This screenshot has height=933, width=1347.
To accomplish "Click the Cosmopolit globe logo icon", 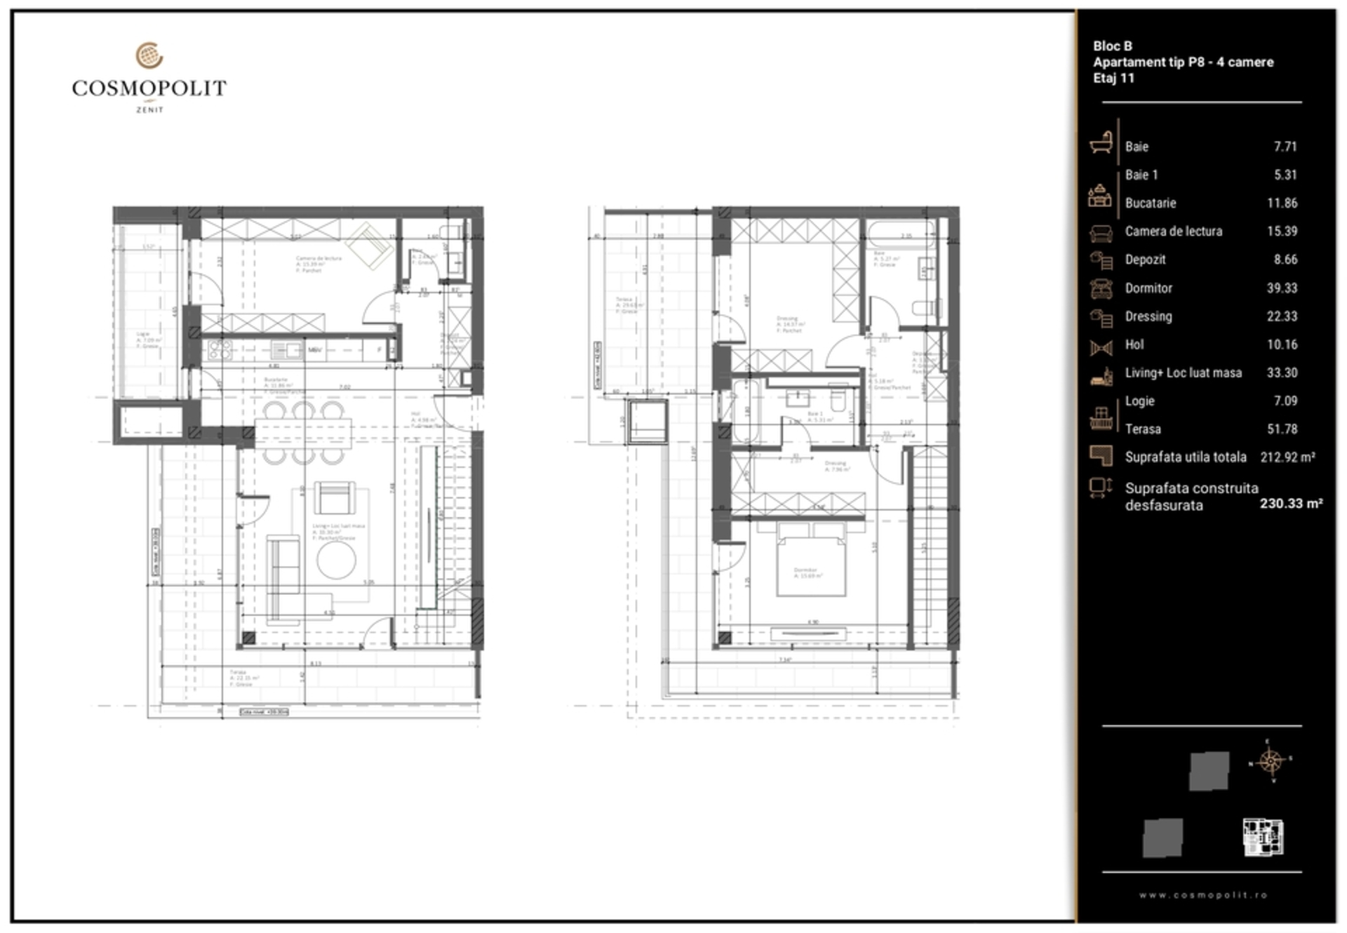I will pos(149,55).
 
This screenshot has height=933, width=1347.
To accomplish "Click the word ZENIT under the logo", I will pos(149,109).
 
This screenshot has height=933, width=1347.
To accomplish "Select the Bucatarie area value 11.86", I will pos(1282,203).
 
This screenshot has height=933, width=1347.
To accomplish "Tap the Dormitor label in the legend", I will pos(1148,288).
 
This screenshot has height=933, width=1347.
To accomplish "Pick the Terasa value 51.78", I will pos(1282,429).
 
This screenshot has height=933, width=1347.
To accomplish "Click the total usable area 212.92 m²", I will pos(1287,457).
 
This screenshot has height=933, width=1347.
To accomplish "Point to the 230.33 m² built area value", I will pos(1291,503).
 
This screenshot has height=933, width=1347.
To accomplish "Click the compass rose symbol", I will pos(1271,760).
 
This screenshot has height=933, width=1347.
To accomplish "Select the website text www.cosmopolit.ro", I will pos(1202,895).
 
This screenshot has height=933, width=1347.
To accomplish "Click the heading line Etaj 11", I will pos(1113,78).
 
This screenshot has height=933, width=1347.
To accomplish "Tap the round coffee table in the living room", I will pos(336,560).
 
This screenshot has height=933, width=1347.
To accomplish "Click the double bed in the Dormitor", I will pos(810,565).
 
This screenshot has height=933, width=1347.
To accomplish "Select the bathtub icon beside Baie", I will pos(1101,143).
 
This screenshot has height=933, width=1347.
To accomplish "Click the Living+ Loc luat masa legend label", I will pos(1183,372).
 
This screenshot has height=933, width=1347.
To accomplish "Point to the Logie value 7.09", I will pos(1285,401).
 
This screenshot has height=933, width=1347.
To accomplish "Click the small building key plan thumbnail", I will pos(1263,837).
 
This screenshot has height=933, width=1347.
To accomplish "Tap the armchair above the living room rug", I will pos(334,497).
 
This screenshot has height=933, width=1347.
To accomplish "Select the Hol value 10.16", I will pos(1282,344).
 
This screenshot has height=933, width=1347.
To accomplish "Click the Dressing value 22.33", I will pos(1282,316).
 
